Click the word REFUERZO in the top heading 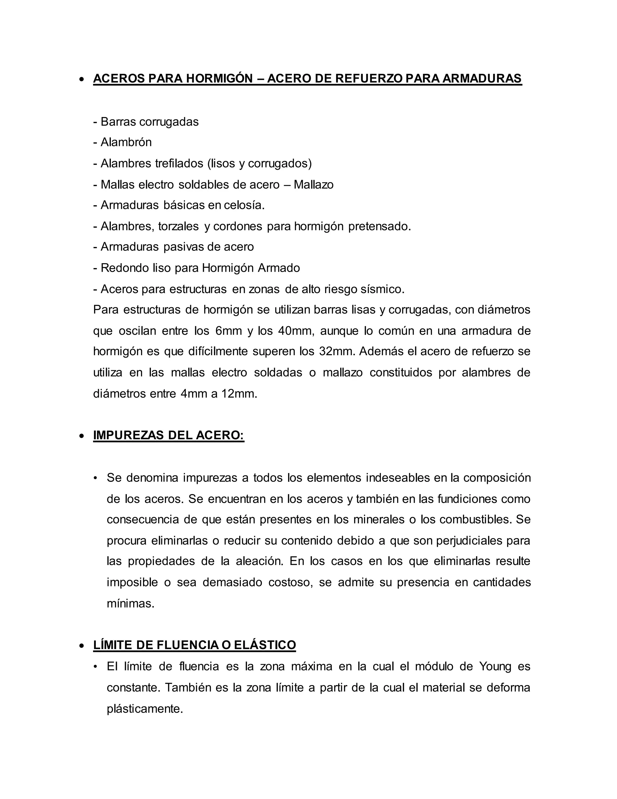369,79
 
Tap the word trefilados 179,163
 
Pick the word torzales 178,226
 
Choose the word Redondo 125,268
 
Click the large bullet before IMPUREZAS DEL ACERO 82,436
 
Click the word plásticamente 145,709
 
